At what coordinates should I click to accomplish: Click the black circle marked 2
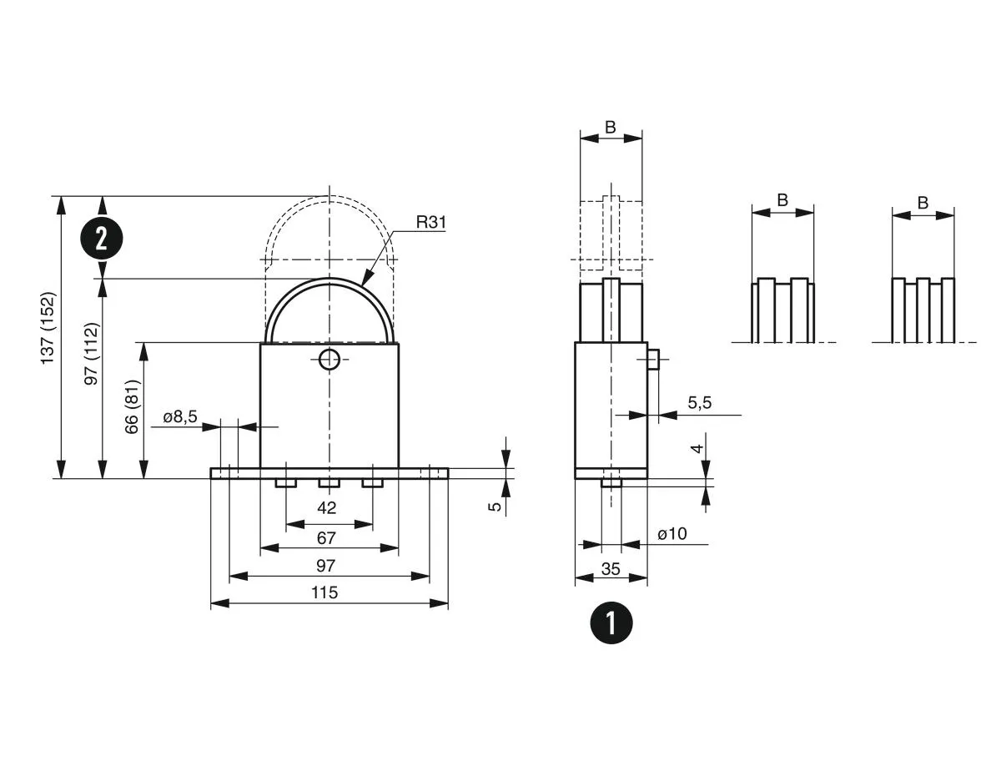click(102, 239)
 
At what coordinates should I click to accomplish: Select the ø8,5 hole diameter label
click(179, 417)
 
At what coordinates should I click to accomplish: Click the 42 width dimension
click(327, 507)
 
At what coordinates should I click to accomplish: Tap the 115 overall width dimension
click(324, 592)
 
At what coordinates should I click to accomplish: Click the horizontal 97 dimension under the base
click(325, 566)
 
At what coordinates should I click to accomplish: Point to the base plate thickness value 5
click(495, 506)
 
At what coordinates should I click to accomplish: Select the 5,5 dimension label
click(699, 402)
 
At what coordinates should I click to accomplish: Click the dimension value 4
click(699, 448)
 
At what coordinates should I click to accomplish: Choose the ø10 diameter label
click(672, 534)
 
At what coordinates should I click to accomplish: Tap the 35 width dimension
click(611, 569)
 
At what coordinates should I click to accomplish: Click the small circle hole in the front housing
click(329, 360)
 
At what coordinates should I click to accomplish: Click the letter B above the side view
click(610, 128)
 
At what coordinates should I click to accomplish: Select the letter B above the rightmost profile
click(923, 203)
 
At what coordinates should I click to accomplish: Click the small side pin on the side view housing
click(653, 360)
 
